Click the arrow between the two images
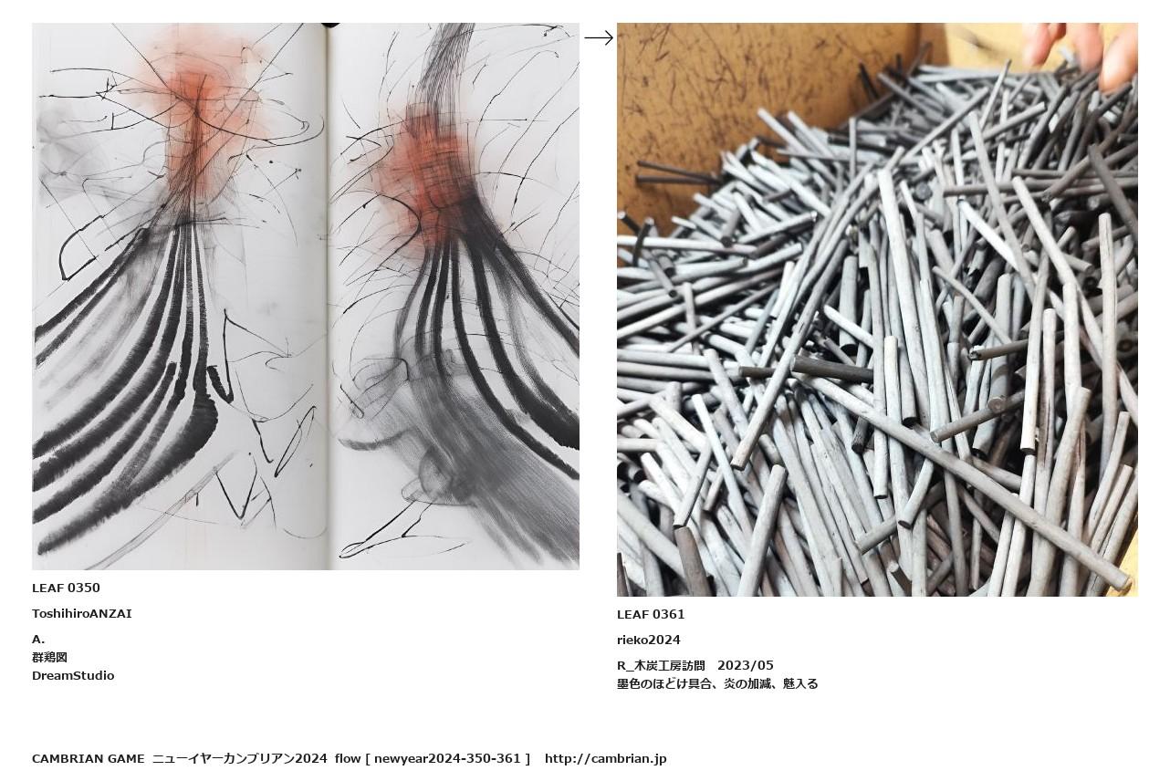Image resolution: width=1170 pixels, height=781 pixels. (599, 37)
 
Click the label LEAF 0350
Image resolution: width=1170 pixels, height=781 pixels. (66, 588)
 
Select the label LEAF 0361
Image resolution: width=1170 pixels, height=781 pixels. (651, 614)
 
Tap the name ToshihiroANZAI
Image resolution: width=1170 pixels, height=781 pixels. (82, 613)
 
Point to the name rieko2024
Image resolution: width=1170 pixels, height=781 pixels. (649, 640)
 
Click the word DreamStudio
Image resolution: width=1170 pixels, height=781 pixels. (73, 675)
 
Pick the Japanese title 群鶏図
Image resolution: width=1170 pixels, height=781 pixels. (49, 657)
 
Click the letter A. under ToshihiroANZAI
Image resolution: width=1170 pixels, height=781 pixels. (38, 639)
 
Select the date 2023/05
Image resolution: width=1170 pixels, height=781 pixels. (746, 666)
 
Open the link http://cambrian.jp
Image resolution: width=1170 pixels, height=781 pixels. (606, 758)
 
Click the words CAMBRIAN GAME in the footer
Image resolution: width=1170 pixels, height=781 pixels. (89, 758)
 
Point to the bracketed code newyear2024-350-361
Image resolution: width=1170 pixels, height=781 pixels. (447, 758)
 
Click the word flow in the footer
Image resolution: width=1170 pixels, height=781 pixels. (347, 758)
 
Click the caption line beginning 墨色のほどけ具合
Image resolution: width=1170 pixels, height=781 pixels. (717, 684)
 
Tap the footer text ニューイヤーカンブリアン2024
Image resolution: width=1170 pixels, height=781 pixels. (240, 758)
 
